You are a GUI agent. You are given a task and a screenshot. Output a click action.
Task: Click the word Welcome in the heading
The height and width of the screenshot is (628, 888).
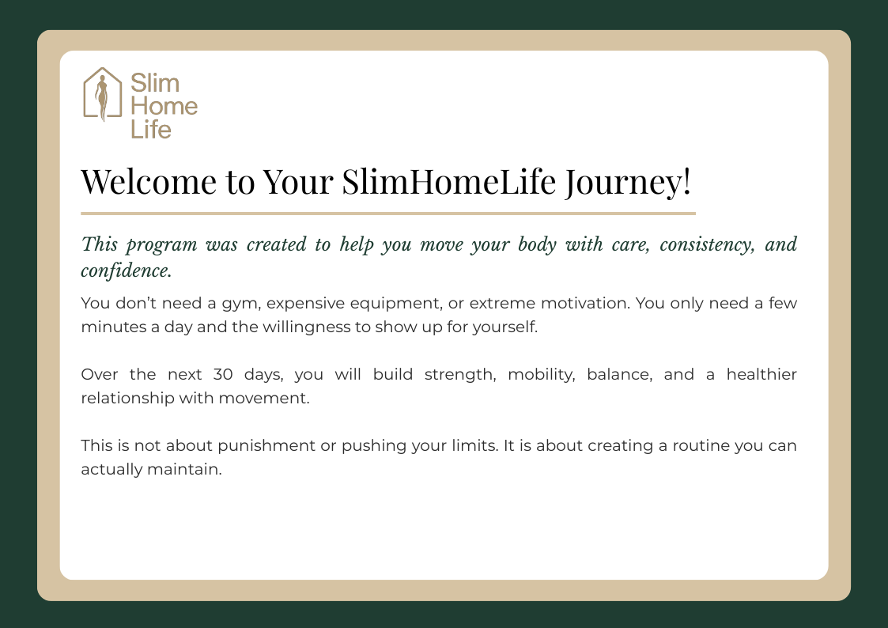(x=149, y=182)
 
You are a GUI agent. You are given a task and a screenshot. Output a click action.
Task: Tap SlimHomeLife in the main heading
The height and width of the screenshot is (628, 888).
(x=448, y=182)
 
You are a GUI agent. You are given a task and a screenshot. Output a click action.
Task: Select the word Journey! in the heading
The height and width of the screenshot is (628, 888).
(x=628, y=183)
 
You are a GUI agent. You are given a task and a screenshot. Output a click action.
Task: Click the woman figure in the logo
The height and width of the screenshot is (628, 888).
(x=102, y=98)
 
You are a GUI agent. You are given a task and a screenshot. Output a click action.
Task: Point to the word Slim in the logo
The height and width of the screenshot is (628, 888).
(x=155, y=83)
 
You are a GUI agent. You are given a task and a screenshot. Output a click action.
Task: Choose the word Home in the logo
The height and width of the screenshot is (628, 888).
(x=164, y=106)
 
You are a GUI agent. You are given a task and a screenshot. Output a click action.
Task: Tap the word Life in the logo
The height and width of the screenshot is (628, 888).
(x=151, y=129)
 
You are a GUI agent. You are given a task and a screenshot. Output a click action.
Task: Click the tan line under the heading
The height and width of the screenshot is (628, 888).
(x=388, y=214)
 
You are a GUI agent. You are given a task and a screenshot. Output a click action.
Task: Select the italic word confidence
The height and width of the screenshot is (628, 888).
(x=127, y=270)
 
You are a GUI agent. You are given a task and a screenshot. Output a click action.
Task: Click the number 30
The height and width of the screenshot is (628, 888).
(x=223, y=374)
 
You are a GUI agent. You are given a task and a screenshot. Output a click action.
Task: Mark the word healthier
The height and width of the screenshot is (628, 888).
(x=761, y=374)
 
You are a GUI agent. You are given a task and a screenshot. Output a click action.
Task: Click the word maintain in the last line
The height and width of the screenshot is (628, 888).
(x=184, y=470)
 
